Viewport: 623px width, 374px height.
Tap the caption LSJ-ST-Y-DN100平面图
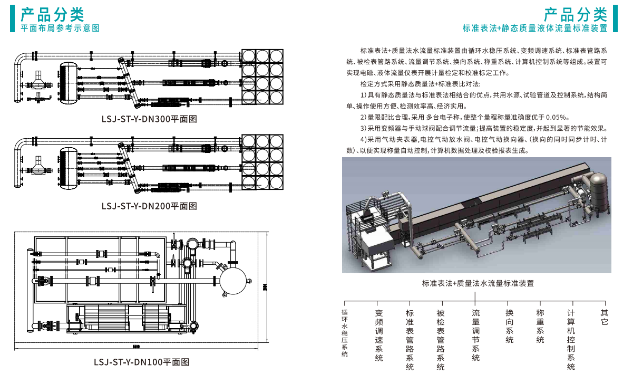(141, 362)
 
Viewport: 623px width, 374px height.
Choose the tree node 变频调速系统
(379, 335)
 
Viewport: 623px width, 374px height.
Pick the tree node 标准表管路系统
(410, 340)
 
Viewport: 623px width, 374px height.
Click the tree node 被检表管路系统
(441, 340)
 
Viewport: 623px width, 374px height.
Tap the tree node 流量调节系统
(475, 335)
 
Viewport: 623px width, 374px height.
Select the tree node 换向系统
(509, 326)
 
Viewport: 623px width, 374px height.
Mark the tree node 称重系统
(540, 326)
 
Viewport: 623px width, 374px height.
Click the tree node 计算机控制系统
(571, 340)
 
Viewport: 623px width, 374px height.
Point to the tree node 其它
(605, 317)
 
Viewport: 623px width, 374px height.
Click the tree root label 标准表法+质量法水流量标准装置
(478, 283)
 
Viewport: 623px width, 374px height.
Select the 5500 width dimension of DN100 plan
(135, 347)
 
